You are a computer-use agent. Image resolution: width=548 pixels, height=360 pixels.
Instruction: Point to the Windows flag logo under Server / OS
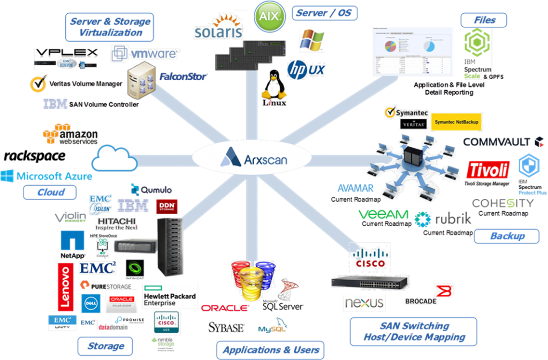coord(312,40)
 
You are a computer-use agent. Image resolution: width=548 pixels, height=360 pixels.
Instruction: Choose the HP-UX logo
coord(306,69)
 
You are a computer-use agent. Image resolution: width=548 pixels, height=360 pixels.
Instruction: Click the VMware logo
coord(146,53)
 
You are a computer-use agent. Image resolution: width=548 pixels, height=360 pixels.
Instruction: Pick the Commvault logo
coord(504,142)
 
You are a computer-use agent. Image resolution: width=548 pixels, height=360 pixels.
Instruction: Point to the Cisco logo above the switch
coord(370,257)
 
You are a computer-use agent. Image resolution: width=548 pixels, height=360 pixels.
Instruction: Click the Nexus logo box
coord(364,303)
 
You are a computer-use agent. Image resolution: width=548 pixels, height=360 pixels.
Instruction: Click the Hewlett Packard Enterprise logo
coord(170,296)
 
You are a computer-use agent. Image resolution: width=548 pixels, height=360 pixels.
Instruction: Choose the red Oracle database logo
coord(224,308)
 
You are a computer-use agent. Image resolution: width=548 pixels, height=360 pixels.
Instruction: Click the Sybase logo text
coord(226,327)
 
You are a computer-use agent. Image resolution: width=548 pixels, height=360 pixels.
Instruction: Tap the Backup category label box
coord(506,235)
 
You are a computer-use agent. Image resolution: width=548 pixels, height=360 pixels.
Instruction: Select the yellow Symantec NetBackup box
coord(456,122)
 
